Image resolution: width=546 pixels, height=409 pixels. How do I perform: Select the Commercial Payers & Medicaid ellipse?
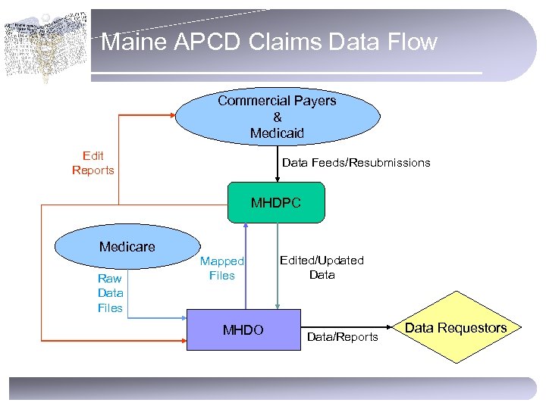278,117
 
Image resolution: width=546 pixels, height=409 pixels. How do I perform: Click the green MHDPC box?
276,203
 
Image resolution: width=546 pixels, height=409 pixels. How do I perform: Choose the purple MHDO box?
243,329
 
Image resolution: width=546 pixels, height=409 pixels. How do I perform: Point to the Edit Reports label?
93,163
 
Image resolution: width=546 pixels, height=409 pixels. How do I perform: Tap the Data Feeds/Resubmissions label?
356,163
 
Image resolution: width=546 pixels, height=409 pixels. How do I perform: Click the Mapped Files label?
221,268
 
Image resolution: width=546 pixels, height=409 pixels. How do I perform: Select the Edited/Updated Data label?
322,267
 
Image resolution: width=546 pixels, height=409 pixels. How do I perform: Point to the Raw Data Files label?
110,293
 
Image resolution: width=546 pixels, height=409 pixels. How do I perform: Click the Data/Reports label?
341,336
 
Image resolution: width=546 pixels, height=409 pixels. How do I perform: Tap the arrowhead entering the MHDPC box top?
278,179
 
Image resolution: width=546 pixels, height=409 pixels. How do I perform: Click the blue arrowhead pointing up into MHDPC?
245,226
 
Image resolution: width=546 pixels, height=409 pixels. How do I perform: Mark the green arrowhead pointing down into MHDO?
278,306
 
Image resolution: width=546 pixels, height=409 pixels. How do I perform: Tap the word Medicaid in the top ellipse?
277,133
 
